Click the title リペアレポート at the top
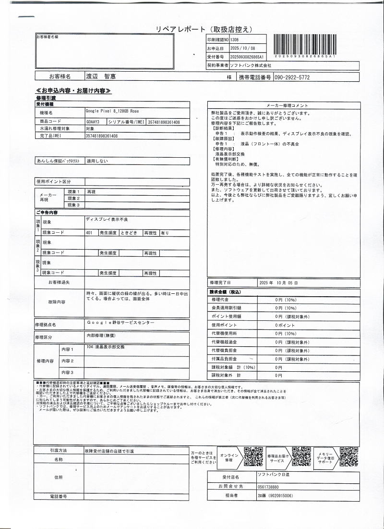pos(178,29)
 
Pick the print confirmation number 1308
pos(234,40)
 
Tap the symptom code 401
pos(89,232)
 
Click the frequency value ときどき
pos(129,232)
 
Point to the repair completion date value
pos(278,283)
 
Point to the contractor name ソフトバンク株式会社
pos(251,65)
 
